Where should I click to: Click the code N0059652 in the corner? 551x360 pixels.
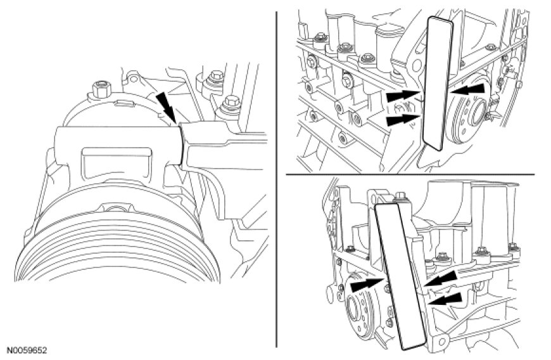point(27,350)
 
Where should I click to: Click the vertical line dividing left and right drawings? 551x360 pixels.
point(277,177)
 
